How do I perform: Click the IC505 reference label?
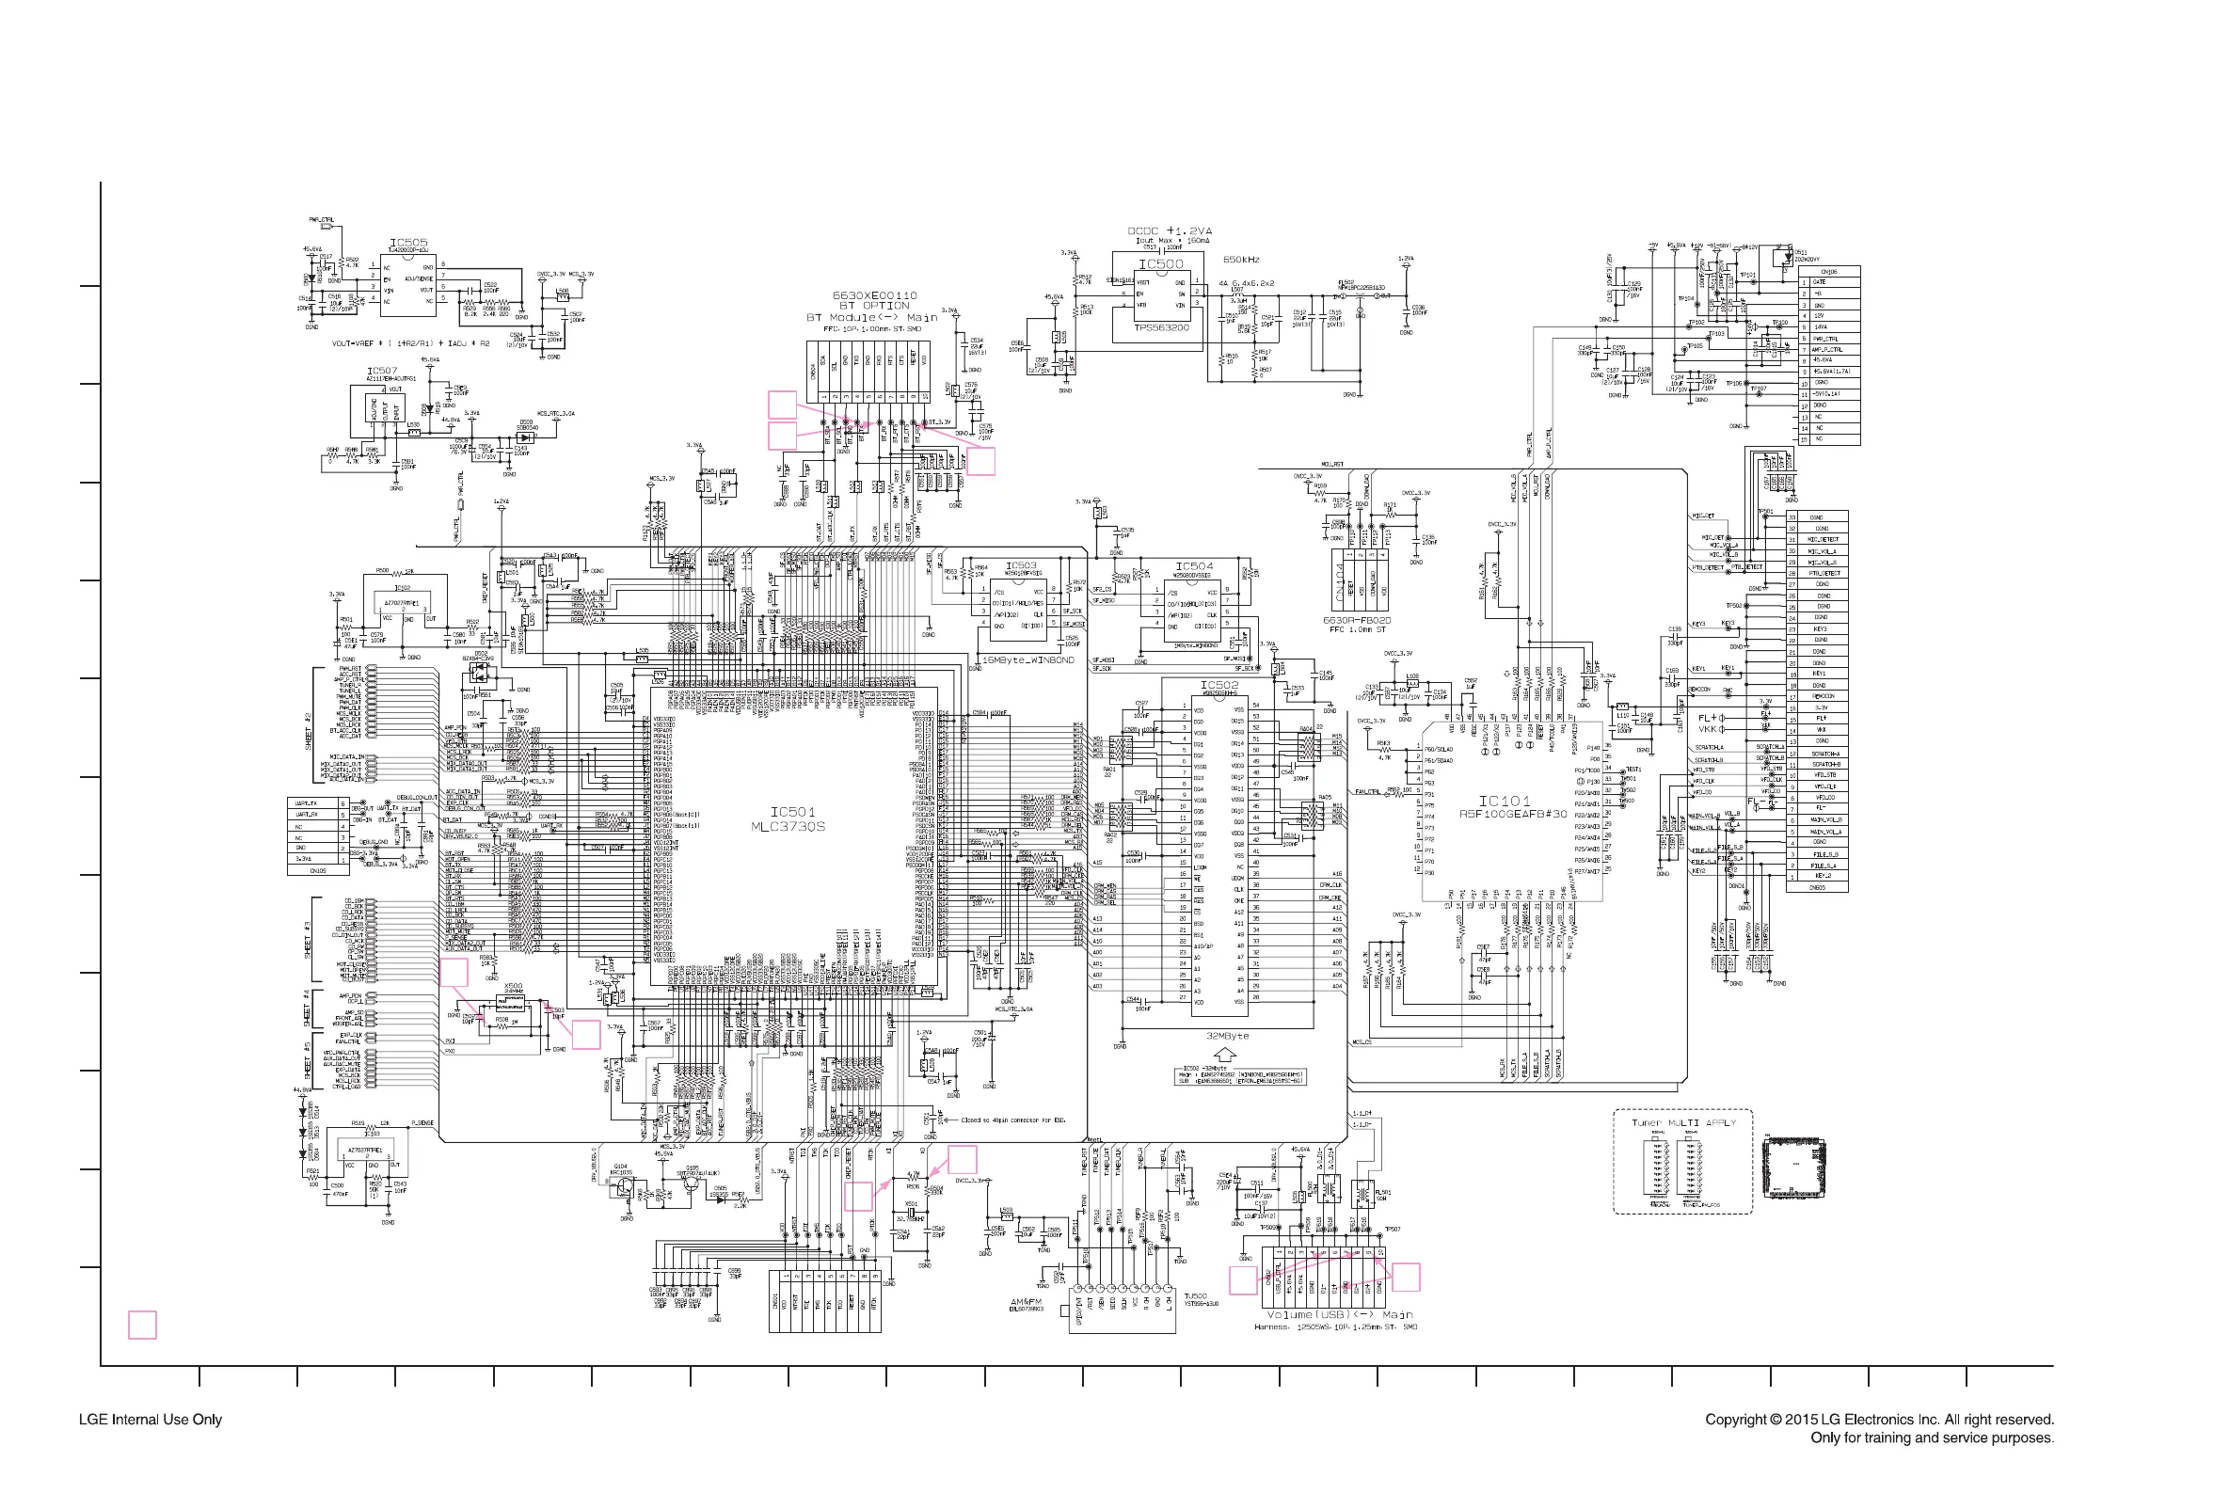pyautogui.click(x=408, y=244)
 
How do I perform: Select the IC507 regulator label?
pyautogui.click(x=382, y=371)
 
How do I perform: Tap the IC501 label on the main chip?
pyautogui.click(x=792, y=812)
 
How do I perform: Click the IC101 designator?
pyautogui.click(x=1504, y=802)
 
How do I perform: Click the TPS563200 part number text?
pyautogui.click(x=1161, y=327)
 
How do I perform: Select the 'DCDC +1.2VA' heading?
pyautogui.click(x=1170, y=231)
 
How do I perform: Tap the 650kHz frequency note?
pyautogui.click(x=1241, y=260)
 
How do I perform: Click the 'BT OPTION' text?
pyautogui.click(x=873, y=307)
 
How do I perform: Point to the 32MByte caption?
pyautogui.click(x=1228, y=1036)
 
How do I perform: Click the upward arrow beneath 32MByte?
pyautogui.click(x=1227, y=1055)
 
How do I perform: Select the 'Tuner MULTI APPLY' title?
pyautogui.click(x=1682, y=1123)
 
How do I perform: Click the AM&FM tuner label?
pyautogui.click(x=1026, y=1302)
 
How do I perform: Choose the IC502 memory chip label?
pyautogui.click(x=1218, y=685)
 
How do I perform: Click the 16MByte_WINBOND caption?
pyautogui.click(x=1027, y=659)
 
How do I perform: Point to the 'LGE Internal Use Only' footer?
pyautogui.click(x=151, y=1420)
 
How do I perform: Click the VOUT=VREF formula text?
pyautogui.click(x=410, y=343)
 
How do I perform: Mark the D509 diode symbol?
pyautogui.click(x=524, y=437)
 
